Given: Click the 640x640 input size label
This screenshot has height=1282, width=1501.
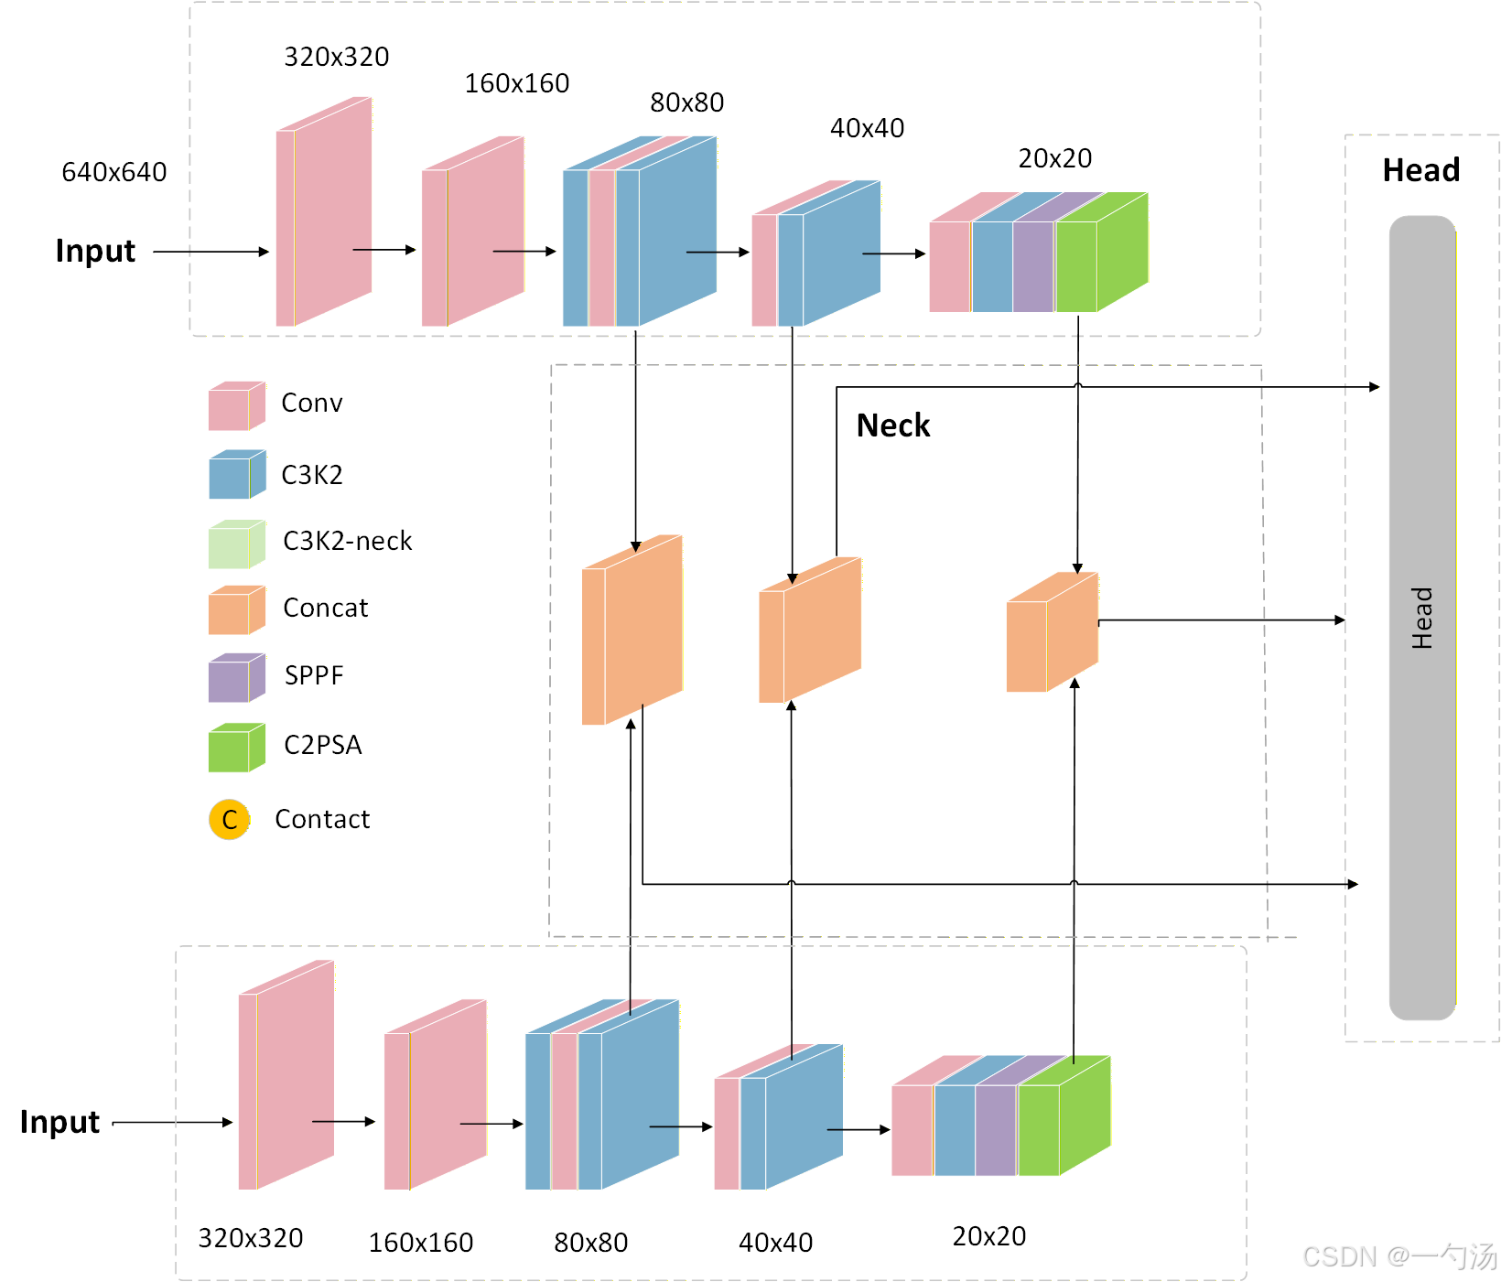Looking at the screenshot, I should click(x=114, y=172).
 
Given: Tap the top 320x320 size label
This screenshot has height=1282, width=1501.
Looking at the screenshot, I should click(x=337, y=57).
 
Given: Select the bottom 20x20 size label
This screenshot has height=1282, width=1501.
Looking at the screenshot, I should click(x=989, y=1236).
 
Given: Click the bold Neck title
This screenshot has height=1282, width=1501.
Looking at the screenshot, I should click(x=893, y=426).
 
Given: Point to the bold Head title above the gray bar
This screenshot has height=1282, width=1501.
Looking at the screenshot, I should click(x=1421, y=170).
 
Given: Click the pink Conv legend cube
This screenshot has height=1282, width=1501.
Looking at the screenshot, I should click(x=235, y=406).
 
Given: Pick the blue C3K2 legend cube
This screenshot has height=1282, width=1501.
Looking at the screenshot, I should click(x=235, y=475).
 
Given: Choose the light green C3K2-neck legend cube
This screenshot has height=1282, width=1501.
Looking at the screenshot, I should click(x=235, y=544).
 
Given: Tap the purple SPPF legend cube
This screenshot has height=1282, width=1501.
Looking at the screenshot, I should click(x=235, y=678).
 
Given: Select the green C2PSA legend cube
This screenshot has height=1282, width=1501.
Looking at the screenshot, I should click(x=235, y=748).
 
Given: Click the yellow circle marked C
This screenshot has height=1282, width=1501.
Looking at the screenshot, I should click(x=229, y=820).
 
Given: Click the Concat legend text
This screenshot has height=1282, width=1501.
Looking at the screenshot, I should click(x=326, y=608).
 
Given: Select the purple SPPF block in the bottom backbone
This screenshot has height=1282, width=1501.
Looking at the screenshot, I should click(x=997, y=1129).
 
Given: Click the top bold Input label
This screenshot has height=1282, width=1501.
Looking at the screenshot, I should click(x=95, y=251).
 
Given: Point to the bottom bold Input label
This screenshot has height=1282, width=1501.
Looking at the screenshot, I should click(x=59, y=1122).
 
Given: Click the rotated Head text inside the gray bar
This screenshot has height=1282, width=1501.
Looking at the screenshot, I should click(x=1421, y=619).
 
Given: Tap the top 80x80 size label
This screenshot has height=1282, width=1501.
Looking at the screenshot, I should click(x=687, y=102).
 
